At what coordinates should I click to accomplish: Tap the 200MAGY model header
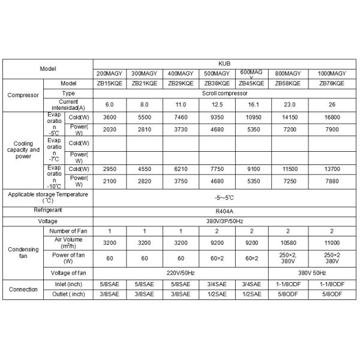[x=110, y=73]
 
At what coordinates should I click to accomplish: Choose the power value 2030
[x=110, y=129]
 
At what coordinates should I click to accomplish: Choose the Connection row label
[x=23, y=289]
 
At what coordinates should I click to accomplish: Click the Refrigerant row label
[x=48, y=210]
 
